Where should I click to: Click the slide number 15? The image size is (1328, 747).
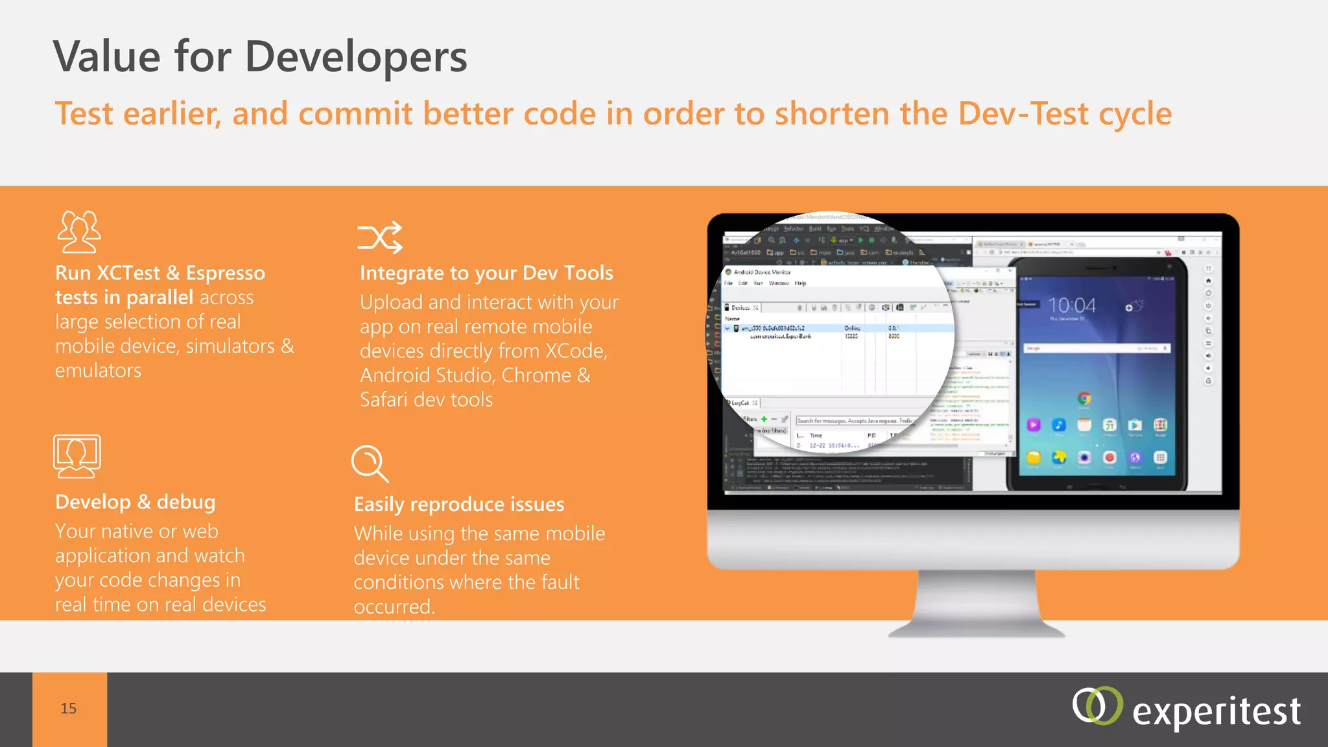click(x=69, y=709)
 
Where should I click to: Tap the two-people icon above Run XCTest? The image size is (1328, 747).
click(x=79, y=231)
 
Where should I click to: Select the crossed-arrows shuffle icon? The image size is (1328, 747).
click(x=380, y=237)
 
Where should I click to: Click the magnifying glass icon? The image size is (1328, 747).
click(x=369, y=463)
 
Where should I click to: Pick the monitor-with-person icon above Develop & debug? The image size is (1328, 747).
click(x=77, y=456)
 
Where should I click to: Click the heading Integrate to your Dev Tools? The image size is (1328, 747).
click(x=486, y=273)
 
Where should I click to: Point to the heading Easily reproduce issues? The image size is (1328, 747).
click(x=459, y=504)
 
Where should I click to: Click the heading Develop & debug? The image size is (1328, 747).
click(x=135, y=502)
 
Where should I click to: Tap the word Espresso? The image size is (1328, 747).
click(x=225, y=273)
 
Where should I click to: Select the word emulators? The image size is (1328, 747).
click(x=98, y=371)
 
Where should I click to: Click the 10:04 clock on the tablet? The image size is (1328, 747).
click(x=1071, y=305)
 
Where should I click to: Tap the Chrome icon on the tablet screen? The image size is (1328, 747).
click(x=1084, y=398)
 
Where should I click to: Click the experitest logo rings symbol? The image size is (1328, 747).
click(x=1097, y=705)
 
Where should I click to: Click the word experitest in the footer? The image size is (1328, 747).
click(x=1216, y=711)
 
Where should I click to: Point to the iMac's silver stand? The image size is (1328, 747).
click(x=976, y=603)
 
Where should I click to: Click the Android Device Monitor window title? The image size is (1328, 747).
click(x=762, y=272)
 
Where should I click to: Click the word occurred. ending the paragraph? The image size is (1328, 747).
click(x=394, y=607)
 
